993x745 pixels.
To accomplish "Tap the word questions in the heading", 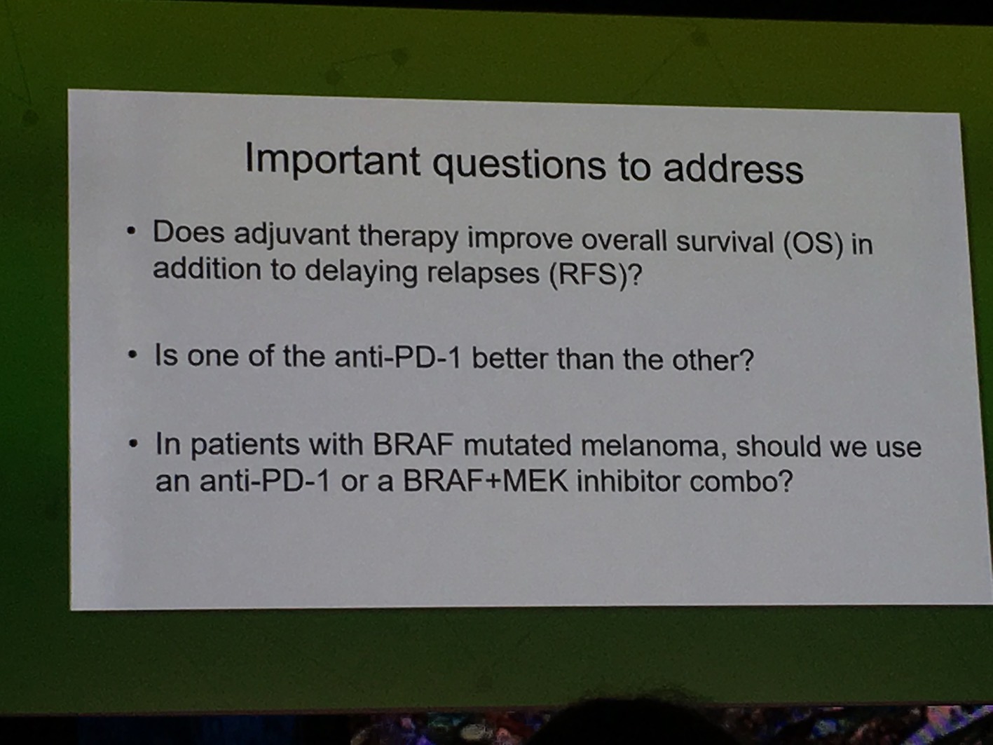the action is tap(519, 167).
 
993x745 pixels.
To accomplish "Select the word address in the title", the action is tap(733, 169).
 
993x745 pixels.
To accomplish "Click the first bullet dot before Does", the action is tap(131, 232).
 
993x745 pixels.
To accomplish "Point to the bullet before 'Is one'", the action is tap(132, 355).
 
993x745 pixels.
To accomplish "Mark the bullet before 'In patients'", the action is tap(132, 444).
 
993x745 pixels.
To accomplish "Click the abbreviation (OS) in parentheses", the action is tap(813, 245).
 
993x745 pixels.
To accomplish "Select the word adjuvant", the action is tap(292, 236).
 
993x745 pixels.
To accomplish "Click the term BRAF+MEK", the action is tap(486, 481).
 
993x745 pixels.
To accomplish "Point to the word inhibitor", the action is tap(629, 481).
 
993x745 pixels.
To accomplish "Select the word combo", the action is tap(741, 481).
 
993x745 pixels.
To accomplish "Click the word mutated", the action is tap(516, 444).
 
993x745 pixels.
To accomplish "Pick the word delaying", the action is tap(361, 271).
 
